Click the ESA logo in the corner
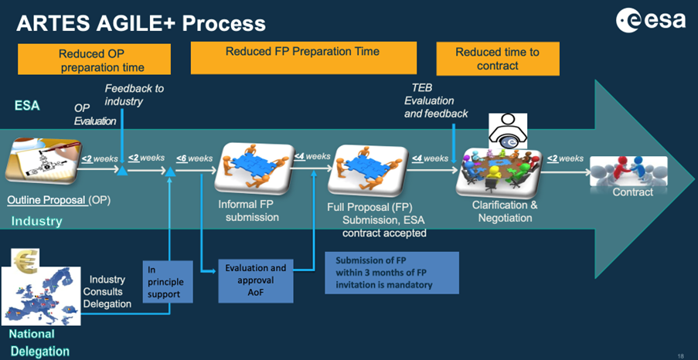(x=651, y=22)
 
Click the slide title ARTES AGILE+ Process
(x=141, y=23)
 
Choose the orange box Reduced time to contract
(x=497, y=59)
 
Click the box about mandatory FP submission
(x=391, y=273)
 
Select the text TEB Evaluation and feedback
(x=436, y=101)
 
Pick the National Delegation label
(x=38, y=343)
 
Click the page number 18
(x=680, y=355)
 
